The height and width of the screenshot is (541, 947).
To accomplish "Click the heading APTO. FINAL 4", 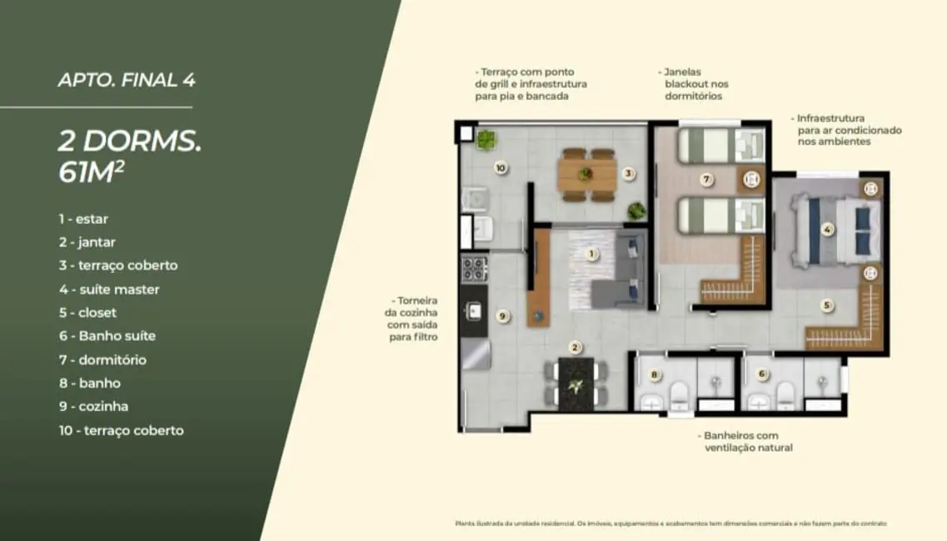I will coord(127,81).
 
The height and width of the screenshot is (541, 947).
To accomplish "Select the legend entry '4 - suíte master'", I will coord(108,290).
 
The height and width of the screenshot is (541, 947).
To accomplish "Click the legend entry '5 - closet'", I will coord(87,313).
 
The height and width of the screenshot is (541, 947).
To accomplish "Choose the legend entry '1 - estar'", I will coord(82,219).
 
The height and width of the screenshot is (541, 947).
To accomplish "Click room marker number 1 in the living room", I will coord(592,254).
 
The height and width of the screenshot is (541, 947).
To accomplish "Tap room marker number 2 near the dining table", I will coord(575,347).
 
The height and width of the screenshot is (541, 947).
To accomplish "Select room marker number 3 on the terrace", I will coord(629,174).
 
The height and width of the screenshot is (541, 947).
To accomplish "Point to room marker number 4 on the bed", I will coord(827,230).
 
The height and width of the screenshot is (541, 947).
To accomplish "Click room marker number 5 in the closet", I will coord(826,305).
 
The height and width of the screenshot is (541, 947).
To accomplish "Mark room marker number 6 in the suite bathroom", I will coord(761,375).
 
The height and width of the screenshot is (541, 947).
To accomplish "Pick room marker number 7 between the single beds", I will coord(705,179).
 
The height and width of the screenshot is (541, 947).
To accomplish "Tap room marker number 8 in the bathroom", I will coord(654,375).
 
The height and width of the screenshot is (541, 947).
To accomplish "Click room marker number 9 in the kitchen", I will coord(501,315).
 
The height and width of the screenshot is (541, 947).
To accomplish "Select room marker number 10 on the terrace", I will coord(500,167).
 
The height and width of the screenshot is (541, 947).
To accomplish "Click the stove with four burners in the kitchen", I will coord(475,269).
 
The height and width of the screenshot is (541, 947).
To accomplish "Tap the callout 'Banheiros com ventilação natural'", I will coord(744,441).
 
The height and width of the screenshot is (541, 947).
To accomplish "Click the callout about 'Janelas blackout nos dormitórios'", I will coord(695,84).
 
